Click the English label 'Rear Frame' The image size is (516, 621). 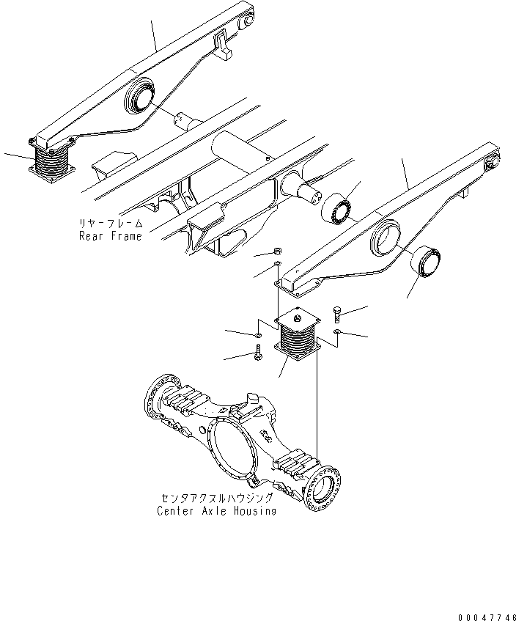[x=110, y=236]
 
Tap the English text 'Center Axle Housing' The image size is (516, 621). [x=216, y=510]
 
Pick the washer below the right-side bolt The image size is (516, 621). [x=335, y=331]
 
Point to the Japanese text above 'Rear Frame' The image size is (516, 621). [x=111, y=223]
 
